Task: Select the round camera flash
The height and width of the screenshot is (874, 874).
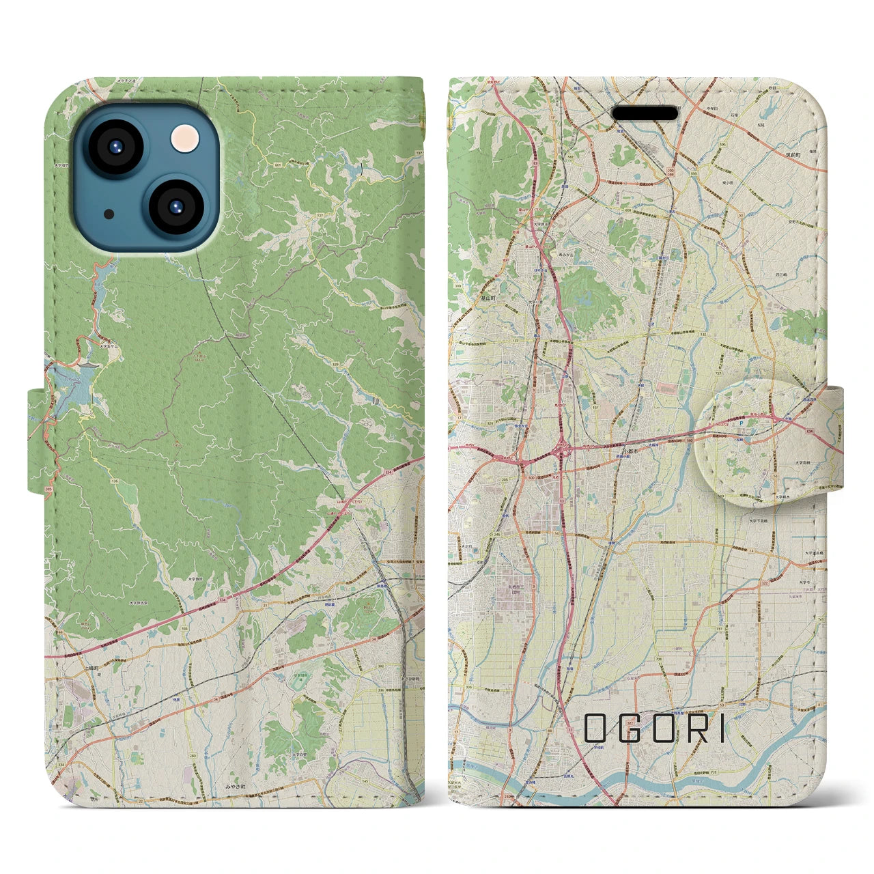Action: coord(184,139)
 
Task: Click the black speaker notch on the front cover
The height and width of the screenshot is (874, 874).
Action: coord(645,113)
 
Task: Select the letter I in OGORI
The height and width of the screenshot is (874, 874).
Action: coord(722,729)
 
